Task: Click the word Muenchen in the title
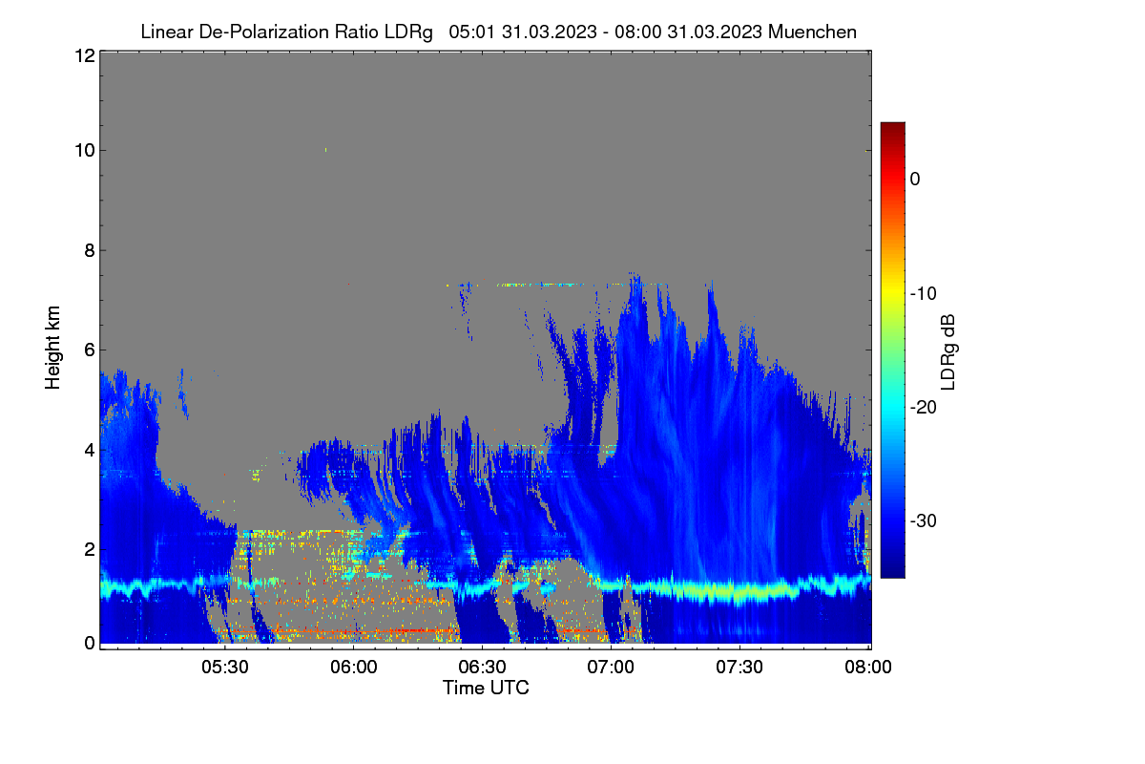[x=812, y=32]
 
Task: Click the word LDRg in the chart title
[x=408, y=32]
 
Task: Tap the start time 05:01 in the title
[x=471, y=32]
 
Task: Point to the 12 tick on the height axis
[x=85, y=55]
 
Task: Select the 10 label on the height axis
[x=85, y=150]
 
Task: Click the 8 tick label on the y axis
[x=90, y=250]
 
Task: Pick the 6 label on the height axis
[x=90, y=350]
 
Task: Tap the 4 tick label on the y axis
[x=90, y=451]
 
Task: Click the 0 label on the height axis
[x=90, y=643]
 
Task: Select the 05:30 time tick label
[x=225, y=667]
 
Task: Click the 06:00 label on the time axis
[x=354, y=667]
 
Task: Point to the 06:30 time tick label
[x=482, y=667]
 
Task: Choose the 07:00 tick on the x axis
[x=611, y=667]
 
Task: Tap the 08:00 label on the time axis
[x=868, y=667]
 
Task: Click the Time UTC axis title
[x=486, y=688]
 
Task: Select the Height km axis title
[x=52, y=348]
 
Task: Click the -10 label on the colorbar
[x=924, y=294]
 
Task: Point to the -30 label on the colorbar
[x=924, y=520]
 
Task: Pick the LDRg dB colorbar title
[x=948, y=352]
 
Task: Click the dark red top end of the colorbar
[x=892, y=126]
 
